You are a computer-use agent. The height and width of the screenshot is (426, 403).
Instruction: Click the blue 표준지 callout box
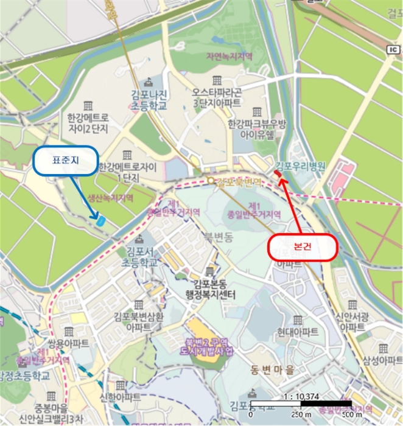66,161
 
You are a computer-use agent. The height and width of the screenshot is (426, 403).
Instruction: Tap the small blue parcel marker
100,220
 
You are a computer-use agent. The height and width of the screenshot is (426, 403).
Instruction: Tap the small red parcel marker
278,175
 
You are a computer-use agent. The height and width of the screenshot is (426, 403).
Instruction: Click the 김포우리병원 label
301,166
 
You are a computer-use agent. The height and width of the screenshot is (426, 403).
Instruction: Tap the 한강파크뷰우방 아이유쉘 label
256,128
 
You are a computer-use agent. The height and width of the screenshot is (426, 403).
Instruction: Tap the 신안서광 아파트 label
352,322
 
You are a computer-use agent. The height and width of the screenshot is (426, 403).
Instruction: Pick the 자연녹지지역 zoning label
228,57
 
